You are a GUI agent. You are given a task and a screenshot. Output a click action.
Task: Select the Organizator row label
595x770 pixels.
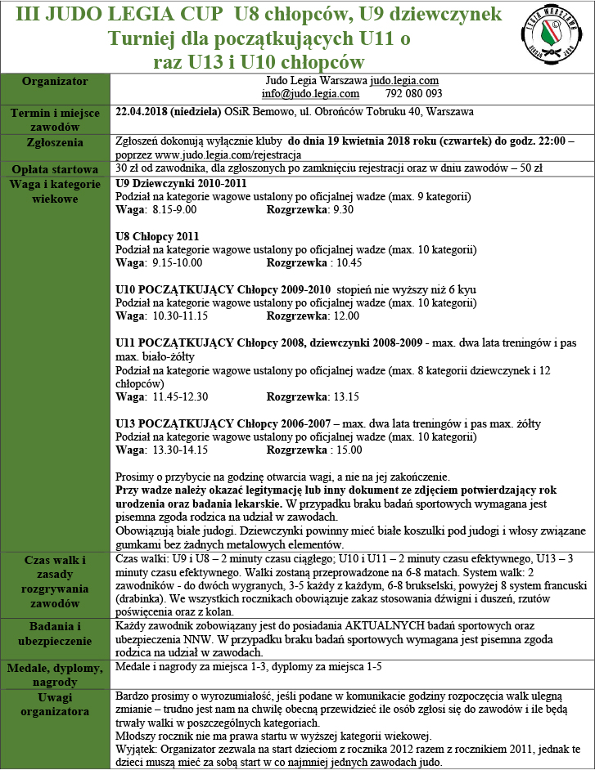point(55,82)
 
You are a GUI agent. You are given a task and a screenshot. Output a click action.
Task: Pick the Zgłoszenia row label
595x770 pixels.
point(55,142)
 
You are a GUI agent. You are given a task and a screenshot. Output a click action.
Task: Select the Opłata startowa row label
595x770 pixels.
point(55,169)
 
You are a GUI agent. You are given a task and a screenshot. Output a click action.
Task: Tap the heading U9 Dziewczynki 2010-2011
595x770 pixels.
point(182,185)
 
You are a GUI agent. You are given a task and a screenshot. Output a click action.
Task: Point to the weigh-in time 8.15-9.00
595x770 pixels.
point(174,210)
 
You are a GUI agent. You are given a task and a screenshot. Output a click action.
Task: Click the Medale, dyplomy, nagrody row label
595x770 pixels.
point(55,675)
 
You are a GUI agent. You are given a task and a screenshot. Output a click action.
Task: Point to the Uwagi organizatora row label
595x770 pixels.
point(55,704)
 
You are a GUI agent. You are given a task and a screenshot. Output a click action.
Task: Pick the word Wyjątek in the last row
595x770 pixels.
point(136,748)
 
